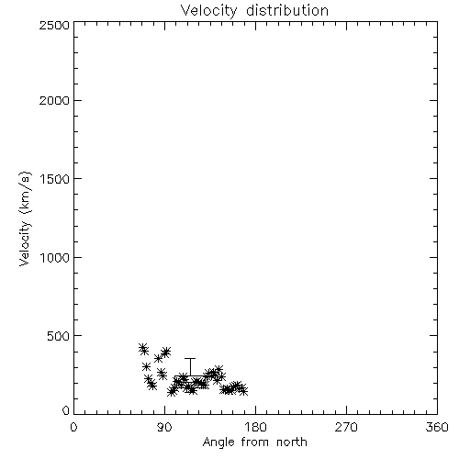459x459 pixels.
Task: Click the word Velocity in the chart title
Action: coord(209,11)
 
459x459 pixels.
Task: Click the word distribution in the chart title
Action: coord(287,10)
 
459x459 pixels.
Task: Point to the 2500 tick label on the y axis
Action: coord(54,25)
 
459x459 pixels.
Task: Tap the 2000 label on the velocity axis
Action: coord(54,100)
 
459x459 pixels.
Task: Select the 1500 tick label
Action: coord(55,179)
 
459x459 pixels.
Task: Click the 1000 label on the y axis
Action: coord(55,258)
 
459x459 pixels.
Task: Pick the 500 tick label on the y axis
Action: coord(59,336)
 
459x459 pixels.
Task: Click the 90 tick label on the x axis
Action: coord(164,427)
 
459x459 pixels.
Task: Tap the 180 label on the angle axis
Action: coord(255,427)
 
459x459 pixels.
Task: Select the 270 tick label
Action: coord(346,427)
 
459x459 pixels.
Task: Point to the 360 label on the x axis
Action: coord(437,427)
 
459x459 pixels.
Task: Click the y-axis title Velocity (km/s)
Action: coord(25,218)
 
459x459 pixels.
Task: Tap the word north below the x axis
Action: coord(292,442)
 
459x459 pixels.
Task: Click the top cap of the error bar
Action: coord(190,358)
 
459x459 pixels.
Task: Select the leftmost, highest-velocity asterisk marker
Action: coord(142,348)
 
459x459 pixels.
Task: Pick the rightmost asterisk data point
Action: coord(243,391)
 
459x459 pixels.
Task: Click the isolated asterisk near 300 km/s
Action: coord(146,366)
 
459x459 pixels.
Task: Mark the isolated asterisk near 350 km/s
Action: coord(158,358)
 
